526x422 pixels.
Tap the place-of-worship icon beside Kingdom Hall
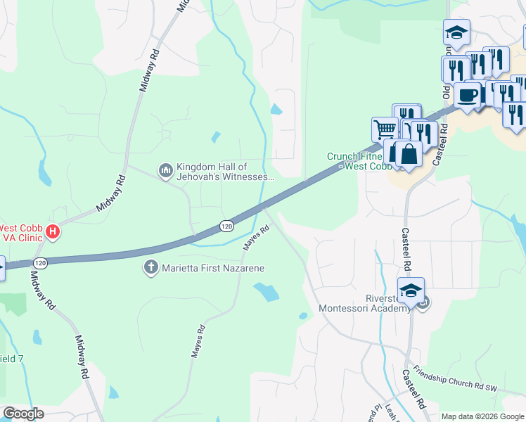tap(166, 170)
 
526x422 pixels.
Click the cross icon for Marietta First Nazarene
tap(150, 267)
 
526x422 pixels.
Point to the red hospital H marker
tap(51, 231)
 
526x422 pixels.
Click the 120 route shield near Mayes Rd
tap(225, 226)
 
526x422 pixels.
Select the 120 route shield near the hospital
tap(41, 262)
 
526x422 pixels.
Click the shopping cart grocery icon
tap(385, 129)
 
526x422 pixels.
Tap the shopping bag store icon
tap(409, 153)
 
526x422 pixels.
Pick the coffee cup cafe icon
tap(467, 95)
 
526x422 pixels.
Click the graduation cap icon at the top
tap(456, 32)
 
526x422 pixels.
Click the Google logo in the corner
tap(23, 414)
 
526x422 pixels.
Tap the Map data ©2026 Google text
tap(482, 416)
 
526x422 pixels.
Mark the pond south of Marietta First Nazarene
tap(265, 292)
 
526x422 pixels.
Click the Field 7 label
tap(11, 359)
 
